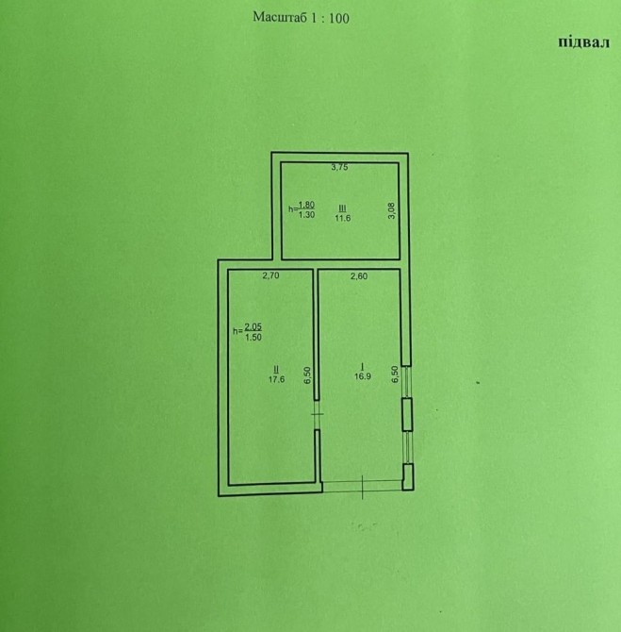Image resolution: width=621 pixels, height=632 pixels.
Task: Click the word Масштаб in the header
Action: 280,17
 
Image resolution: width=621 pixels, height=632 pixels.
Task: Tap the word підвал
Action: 583,42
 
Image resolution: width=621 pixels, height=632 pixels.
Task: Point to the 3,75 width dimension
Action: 339,167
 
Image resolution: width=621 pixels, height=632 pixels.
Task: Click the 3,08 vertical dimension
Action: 391,210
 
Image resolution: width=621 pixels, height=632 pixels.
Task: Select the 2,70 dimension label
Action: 270,275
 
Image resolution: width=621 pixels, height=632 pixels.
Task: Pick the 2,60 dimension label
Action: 359,276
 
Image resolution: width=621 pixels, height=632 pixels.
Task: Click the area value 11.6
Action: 343,218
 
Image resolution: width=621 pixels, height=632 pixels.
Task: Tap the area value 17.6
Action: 277,379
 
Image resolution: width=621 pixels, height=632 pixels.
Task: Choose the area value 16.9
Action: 363,376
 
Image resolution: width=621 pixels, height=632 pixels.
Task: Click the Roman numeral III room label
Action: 343,208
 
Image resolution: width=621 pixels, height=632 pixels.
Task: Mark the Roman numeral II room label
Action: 276,369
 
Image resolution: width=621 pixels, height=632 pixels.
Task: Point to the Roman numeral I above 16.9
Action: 363,366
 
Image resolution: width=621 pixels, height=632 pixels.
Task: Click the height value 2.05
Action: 253,327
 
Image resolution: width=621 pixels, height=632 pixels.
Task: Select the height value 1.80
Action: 306,205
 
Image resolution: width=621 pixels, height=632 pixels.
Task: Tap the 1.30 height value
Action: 306,215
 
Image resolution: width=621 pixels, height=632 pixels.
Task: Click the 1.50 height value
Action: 253,338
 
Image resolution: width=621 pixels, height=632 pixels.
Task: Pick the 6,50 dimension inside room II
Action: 308,375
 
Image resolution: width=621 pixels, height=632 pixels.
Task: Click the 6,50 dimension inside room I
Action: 395,374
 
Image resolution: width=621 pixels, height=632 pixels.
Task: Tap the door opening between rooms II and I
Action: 318,415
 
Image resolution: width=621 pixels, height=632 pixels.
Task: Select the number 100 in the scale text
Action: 339,18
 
